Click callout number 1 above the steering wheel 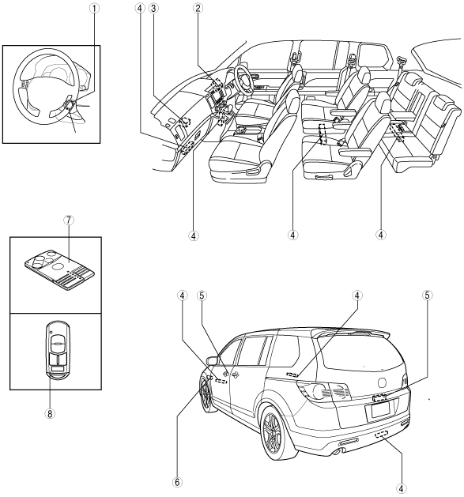(94, 9)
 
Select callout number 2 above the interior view (198, 9)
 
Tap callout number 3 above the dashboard (153, 9)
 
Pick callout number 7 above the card (69, 220)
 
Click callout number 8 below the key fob (50, 413)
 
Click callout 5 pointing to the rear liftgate (427, 296)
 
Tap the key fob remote (58, 350)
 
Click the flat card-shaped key (59, 269)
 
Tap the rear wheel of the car (277, 433)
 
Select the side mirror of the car (212, 360)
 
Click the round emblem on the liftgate (383, 382)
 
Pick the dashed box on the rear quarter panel (292, 375)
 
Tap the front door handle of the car (235, 375)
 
